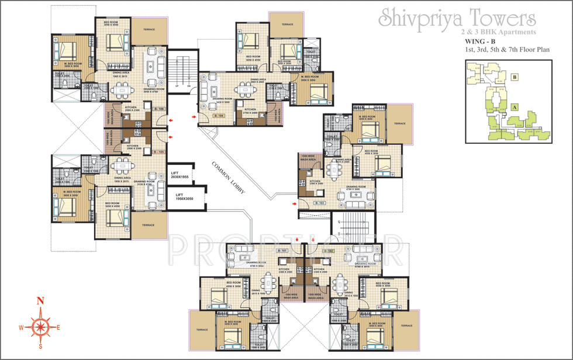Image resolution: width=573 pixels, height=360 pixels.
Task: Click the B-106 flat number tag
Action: (x=158, y=109)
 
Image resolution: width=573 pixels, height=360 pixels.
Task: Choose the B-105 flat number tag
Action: (x=158, y=151)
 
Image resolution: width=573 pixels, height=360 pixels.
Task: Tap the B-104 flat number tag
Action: (x=219, y=116)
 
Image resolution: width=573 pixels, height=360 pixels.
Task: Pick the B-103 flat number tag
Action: (x=319, y=202)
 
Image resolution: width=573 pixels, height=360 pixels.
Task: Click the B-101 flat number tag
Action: (x=283, y=251)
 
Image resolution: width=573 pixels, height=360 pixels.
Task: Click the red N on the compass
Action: (x=40, y=302)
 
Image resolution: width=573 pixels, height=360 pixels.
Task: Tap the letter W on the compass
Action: (x=20, y=328)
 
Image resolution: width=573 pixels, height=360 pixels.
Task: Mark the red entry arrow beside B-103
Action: (x=295, y=203)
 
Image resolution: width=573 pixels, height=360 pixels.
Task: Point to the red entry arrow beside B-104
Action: (x=194, y=117)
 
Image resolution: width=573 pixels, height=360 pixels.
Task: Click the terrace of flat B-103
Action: (x=399, y=123)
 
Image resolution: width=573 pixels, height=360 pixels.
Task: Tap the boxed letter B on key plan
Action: (x=515, y=77)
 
